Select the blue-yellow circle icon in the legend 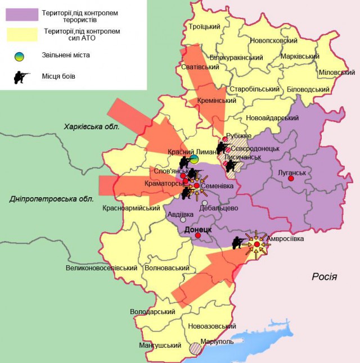point(20,56)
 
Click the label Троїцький point(204,26)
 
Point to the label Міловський point(336,72)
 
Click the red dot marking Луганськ point(291,179)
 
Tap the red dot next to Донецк point(198,235)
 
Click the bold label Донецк point(197,229)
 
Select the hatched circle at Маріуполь point(195,348)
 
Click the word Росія point(325,276)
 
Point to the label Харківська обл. point(91,127)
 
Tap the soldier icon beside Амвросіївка point(238,243)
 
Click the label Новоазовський point(211,326)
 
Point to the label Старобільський point(255,89)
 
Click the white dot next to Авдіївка point(183,220)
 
